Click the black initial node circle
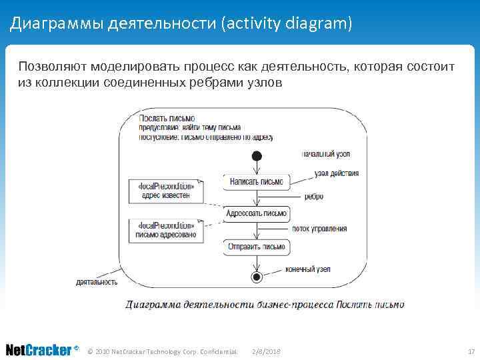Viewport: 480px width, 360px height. (255, 156)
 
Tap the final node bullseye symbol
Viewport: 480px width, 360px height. (255, 277)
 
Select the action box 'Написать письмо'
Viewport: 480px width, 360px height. (256, 181)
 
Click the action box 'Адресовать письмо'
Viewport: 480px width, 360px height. (256, 214)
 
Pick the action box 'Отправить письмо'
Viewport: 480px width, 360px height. (257, 247)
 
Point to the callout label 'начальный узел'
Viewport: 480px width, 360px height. (326, 154)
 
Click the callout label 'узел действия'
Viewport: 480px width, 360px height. (337, 173)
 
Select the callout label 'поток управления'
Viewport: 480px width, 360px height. (319, 229)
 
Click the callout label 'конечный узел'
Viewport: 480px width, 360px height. (308, 269)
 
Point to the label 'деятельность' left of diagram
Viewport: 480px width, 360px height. (97, 282)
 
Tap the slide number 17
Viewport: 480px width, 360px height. (471, 351)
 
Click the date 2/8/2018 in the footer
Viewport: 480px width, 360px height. (267, 351)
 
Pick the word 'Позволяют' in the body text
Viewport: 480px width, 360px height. (53, 67)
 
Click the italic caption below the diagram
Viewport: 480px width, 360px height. (265, 305)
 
